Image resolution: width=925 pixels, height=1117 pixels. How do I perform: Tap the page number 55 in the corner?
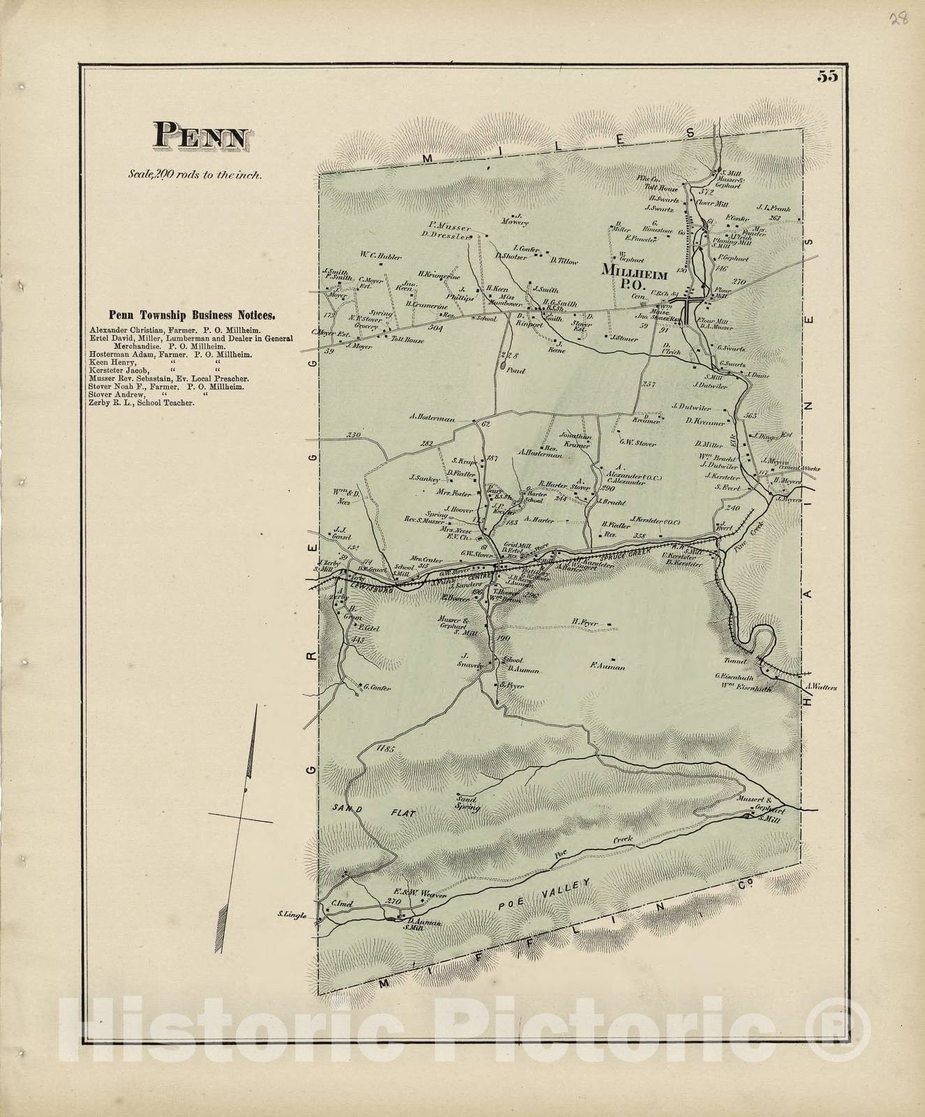tap(828, 77)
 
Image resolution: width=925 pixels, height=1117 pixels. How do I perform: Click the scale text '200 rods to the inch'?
tap(195, 175)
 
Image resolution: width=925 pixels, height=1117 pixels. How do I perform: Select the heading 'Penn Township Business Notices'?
tap(191, 315)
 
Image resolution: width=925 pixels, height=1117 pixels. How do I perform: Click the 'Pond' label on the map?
tap(516, 371)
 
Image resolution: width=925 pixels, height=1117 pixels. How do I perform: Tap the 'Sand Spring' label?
tap(468, 802)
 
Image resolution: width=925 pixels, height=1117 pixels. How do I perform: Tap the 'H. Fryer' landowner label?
tap(586, 621)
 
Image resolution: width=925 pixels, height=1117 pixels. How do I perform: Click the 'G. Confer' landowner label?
tap(376, 688)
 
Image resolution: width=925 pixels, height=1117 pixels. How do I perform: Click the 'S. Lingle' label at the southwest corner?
tap(292, 915)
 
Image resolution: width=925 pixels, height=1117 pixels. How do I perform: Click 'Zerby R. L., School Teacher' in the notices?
tap(142, 403)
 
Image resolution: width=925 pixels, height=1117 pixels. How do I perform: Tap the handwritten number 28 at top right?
tap(899, 19)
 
